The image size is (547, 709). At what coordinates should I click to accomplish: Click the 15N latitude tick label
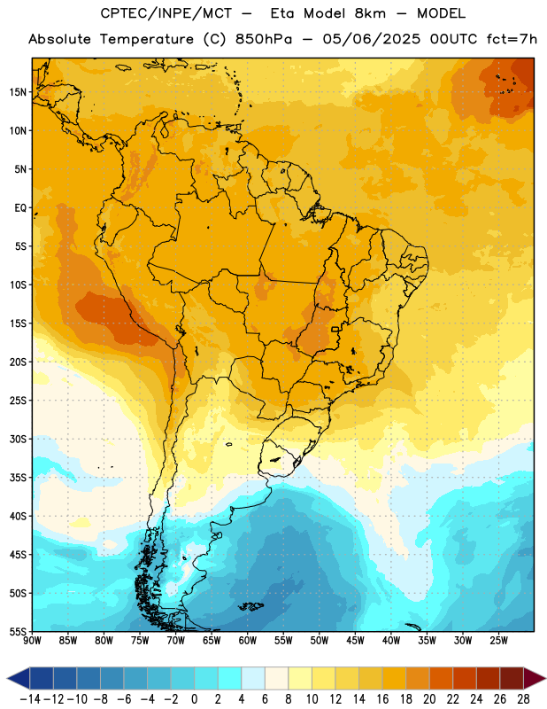coord(18,92)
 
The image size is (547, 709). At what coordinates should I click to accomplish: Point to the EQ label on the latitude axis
coord(20,208)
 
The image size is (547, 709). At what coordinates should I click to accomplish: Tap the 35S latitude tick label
coord(18,478)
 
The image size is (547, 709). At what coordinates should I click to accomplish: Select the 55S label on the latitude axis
coord(18,631)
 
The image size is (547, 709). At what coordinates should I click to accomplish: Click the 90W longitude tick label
coord(32,641)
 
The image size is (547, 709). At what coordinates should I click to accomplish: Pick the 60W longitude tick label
coord(248,641)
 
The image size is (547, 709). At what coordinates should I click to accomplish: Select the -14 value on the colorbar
coord(30,699)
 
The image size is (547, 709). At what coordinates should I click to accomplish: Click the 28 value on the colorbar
coord(523,699)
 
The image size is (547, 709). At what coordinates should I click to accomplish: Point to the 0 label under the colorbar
coord(194,699)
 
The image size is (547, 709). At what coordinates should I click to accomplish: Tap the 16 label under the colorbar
coord(382,699)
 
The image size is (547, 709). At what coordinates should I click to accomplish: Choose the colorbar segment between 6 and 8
coord(276,678)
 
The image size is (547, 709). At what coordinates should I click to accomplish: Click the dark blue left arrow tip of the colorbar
coord(8,678)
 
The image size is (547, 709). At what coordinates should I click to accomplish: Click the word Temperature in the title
coord(147,39)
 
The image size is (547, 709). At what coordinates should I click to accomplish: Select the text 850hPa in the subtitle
coord(264,39)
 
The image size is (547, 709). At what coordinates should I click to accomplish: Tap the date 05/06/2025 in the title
coord(371,39)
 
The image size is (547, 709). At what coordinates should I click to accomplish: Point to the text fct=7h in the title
coord(512,39)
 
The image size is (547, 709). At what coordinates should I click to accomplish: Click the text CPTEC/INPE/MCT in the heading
coord(166,13)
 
